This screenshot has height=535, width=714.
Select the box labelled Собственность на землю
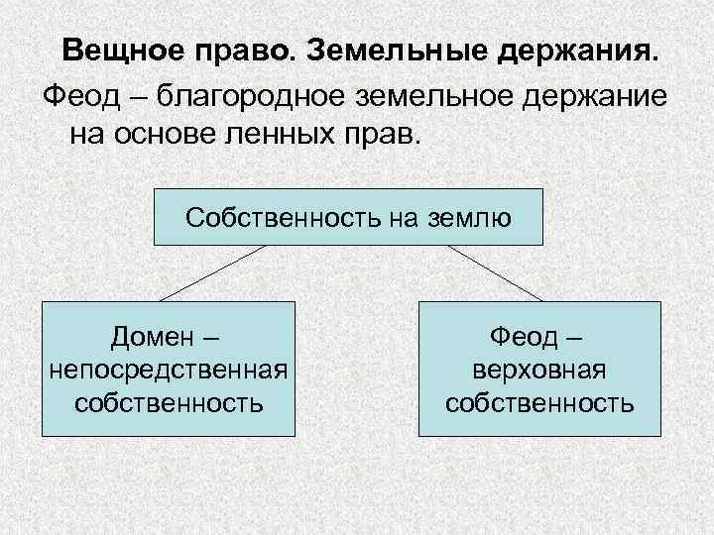(x=348, y=216)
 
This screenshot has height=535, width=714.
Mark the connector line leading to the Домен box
(x=212, y=272)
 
